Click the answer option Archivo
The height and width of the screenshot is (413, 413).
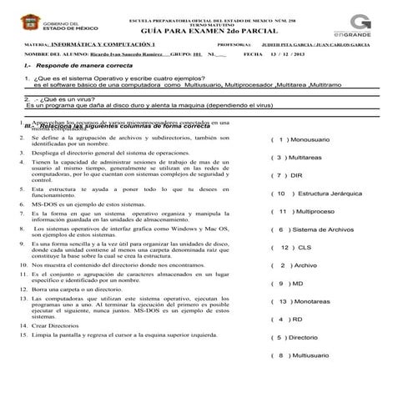pyautogui.click(x=305, y=265)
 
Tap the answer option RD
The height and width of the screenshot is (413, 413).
pyautogui.click(x=296, y=319)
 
